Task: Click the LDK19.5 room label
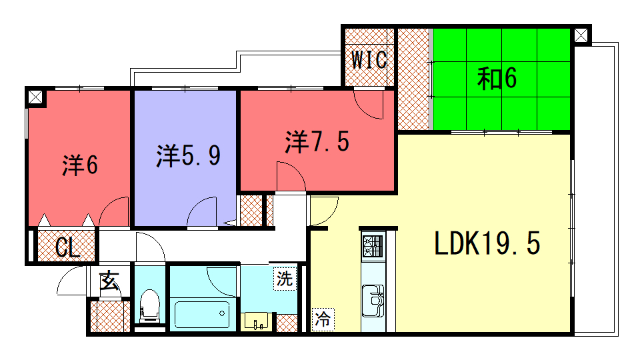click(487, 243)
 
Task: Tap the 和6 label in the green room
click(497, 78)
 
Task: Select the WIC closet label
click(369, 60)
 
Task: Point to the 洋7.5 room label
click(317, 142)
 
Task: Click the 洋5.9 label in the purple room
click(189, 155)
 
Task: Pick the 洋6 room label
click(80, 165)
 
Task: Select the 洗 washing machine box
click(285, 279)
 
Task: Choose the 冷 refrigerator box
click(323, 319)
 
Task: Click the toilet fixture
click(149, 305)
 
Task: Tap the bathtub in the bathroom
click(202, 314)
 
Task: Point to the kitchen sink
click(373, 300)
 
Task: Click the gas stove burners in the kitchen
click(373, 246)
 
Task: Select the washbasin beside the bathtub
click(256, 321)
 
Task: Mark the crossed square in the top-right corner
click(581, 35)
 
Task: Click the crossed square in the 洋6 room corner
click(35, 97)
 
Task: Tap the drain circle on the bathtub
click(222, 314)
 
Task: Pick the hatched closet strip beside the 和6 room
click(414, 79)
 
